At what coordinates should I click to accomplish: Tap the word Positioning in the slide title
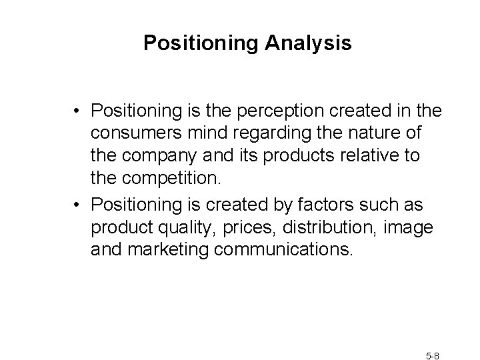tap(201, 44)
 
